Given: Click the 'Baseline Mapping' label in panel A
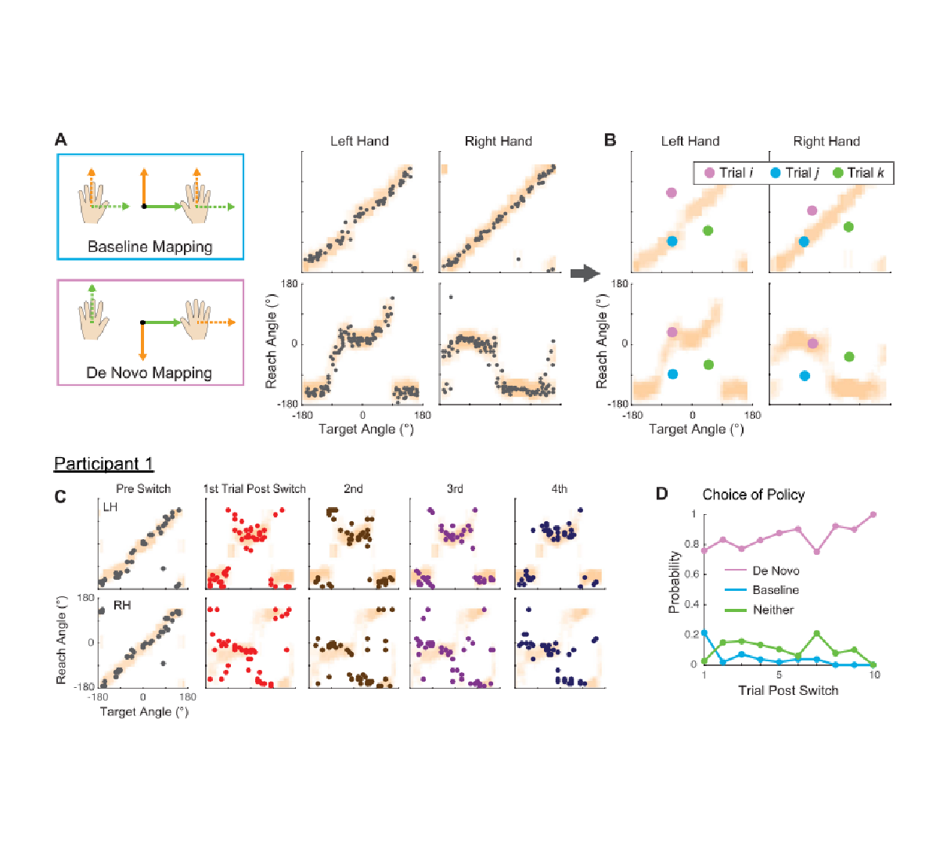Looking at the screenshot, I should [149, 247].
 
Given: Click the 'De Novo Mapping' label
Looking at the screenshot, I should [149, 373].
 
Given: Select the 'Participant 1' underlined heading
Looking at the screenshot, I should [103, 464].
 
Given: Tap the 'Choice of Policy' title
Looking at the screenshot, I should [753, 495].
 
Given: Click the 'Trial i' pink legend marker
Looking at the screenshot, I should [709, 173].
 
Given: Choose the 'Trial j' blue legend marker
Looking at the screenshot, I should [775, 173].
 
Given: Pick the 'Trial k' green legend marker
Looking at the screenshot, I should [837, 173].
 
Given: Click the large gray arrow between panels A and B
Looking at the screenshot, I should [585, 273].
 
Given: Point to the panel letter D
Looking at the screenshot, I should [661, 494].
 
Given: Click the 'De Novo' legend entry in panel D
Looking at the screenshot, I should [775, 571].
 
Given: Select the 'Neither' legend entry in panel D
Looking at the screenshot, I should [773, 610].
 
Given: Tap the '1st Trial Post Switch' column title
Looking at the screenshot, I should [254, 489].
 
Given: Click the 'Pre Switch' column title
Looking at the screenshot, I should [143, 489].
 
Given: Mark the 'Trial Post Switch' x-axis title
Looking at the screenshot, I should [788, 690].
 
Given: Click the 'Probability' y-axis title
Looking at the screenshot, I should [674, 582].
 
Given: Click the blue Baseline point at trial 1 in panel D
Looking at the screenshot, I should [704, 632].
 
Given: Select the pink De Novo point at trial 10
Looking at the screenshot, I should [873, 515].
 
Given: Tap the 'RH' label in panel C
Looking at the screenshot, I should [121, 605].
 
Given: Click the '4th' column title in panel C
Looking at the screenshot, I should [559, 489].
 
